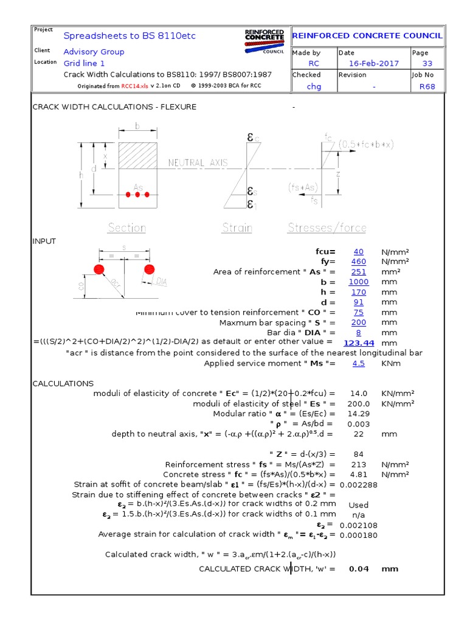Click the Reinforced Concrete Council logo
tap(264, 40)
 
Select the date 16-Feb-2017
tap(374, 63)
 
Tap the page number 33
tap(427, 63)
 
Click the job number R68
tap(427, 86)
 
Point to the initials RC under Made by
tap(314, 63)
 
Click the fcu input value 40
tap(359, 251)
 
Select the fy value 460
tap(359, 262)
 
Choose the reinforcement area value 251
tap(359, 272)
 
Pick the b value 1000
tap(359, 282)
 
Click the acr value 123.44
tap(359, 343)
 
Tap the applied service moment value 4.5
tap(359, 363)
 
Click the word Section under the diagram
tap(126, 228)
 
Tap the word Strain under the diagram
tap(237, 228)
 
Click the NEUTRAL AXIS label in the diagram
tap(198, 163)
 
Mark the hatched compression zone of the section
tap(138, 155)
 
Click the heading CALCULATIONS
tap(63, 384)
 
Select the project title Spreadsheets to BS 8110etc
tap(130, 36)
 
